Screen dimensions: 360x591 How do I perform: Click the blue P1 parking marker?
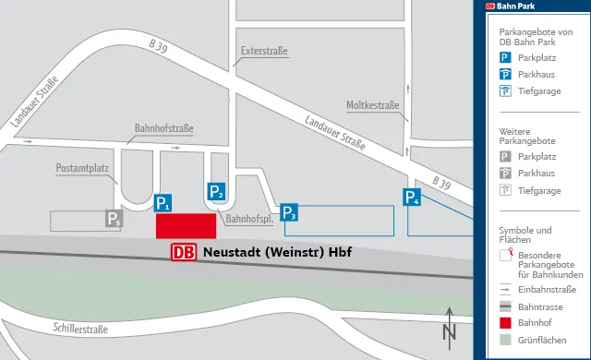pyautogui.click(x=163, y=203)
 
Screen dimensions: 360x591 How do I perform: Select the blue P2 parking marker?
pyautogui.click(x=216, y=191)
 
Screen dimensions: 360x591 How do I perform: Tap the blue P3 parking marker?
pyautogui.click(x=289, y=213)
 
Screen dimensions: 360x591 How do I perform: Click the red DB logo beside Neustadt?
pyautogui.click(x=184, y=252)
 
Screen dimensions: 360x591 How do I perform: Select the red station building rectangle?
pyautogui.click(x=185, y=226)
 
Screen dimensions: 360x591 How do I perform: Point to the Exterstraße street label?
pyautogui.click(x=264, y=53)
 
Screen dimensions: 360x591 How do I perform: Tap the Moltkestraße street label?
pyautogui.click(x=373, y=104)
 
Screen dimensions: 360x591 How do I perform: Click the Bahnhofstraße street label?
pyautogui.click(x=163, y=128)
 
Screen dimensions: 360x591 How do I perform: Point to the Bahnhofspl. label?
pyautogui.click(x=247, y=219)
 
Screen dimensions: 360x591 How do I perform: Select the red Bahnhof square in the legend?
pyautogui.click(x=505, y=324)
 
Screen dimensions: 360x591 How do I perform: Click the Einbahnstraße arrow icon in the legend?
pyautogui.click(x=505, y=290)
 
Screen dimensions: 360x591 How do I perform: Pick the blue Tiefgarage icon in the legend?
pyautogui.click(x=505, y=90)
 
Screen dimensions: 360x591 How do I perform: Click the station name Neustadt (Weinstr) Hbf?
pyautogui.click(x=277, y=252)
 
